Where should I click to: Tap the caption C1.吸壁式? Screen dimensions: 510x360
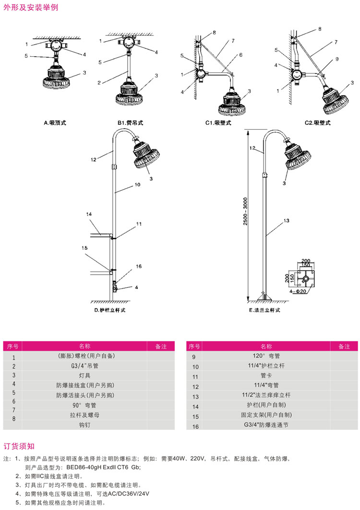coord(218,123)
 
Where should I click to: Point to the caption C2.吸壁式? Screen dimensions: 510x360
coord(318,123)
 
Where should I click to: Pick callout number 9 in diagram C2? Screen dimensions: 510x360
coord(337,59)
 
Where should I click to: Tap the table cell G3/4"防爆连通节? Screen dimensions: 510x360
coord(265,425)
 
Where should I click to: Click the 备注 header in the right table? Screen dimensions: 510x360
coord(344,346)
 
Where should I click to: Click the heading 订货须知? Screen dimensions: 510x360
coord(19,446)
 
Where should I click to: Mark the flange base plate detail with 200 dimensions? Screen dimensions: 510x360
coord(305,277)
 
